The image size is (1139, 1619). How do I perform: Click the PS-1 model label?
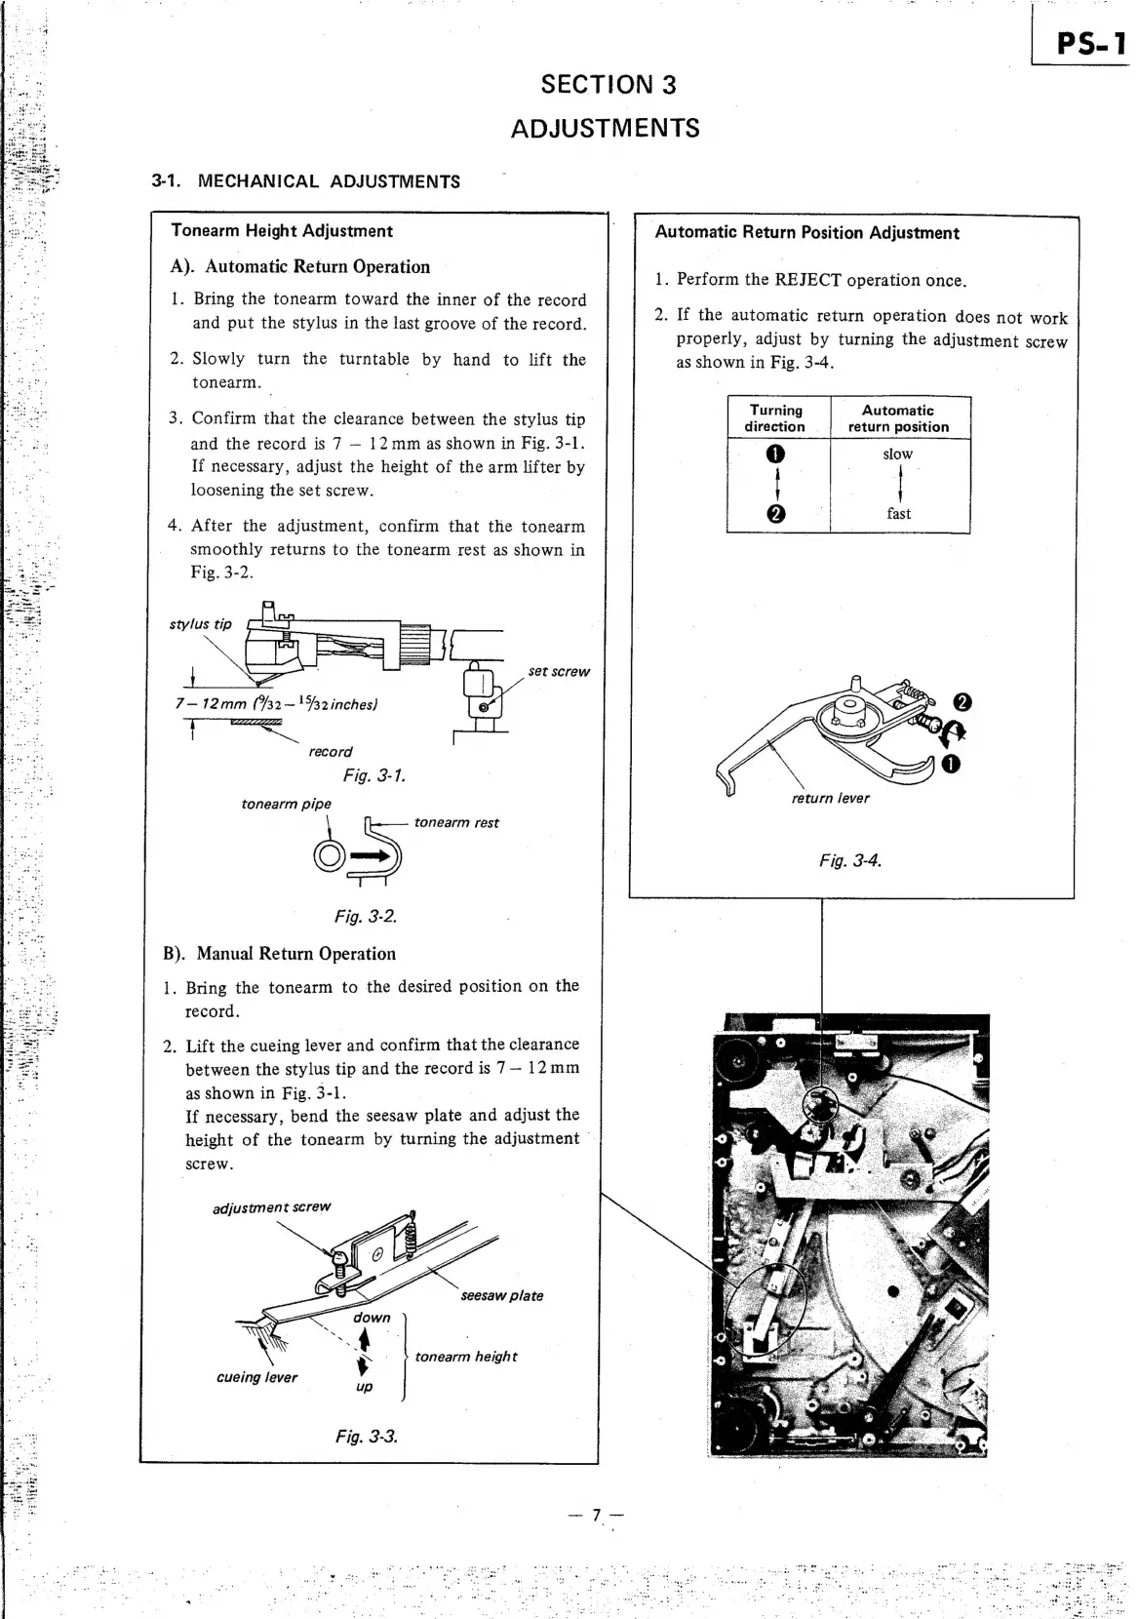(1090, 44)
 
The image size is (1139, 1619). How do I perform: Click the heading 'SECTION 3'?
(609, 85)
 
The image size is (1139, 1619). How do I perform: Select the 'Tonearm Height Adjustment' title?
(281, 231)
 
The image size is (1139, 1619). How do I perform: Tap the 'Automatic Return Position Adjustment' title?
(806, 233)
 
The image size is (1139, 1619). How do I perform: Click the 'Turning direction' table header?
(776, 418)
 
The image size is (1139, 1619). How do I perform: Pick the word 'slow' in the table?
(897, 454)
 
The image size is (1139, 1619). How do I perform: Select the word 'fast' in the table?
(898, 514)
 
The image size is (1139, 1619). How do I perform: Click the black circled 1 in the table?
(775, 454)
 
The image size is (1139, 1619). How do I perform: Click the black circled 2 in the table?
(775, 515)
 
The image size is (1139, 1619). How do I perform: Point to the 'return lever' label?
(830, 798)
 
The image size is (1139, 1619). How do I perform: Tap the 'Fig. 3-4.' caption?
(850, 860)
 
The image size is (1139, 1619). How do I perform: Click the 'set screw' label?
(559, 671)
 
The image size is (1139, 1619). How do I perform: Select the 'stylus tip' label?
(201, 624)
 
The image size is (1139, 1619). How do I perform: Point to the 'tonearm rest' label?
(456, 822)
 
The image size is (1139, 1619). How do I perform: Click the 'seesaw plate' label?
(501, 1295)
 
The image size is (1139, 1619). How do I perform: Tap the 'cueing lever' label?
(256, 1377)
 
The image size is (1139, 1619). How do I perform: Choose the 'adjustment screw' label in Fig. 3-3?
(272, 1207)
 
